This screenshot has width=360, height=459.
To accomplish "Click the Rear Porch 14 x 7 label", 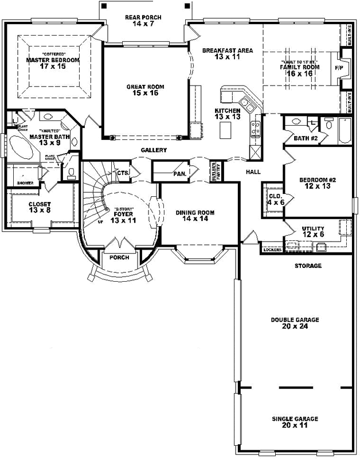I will pos(143,21).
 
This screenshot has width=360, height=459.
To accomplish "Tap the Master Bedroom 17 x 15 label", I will pos(53,63).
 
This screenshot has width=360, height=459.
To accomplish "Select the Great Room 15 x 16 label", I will pos(146,91).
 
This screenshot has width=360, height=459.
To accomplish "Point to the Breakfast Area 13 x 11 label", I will pos(228,54).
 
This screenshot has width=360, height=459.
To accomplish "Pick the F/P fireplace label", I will pos(338,67).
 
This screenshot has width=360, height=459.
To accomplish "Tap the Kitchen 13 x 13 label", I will pos(227,113).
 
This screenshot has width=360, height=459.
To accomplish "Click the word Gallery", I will pos(154,150).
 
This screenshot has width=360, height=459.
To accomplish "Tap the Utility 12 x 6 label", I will pos(314,232).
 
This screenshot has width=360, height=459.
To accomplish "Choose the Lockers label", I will pos(271,250).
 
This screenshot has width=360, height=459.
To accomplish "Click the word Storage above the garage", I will pos(308,266).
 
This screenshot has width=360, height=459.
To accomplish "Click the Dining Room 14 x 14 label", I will pos(195,216).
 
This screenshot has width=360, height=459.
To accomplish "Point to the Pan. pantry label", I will pos(180,173).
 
